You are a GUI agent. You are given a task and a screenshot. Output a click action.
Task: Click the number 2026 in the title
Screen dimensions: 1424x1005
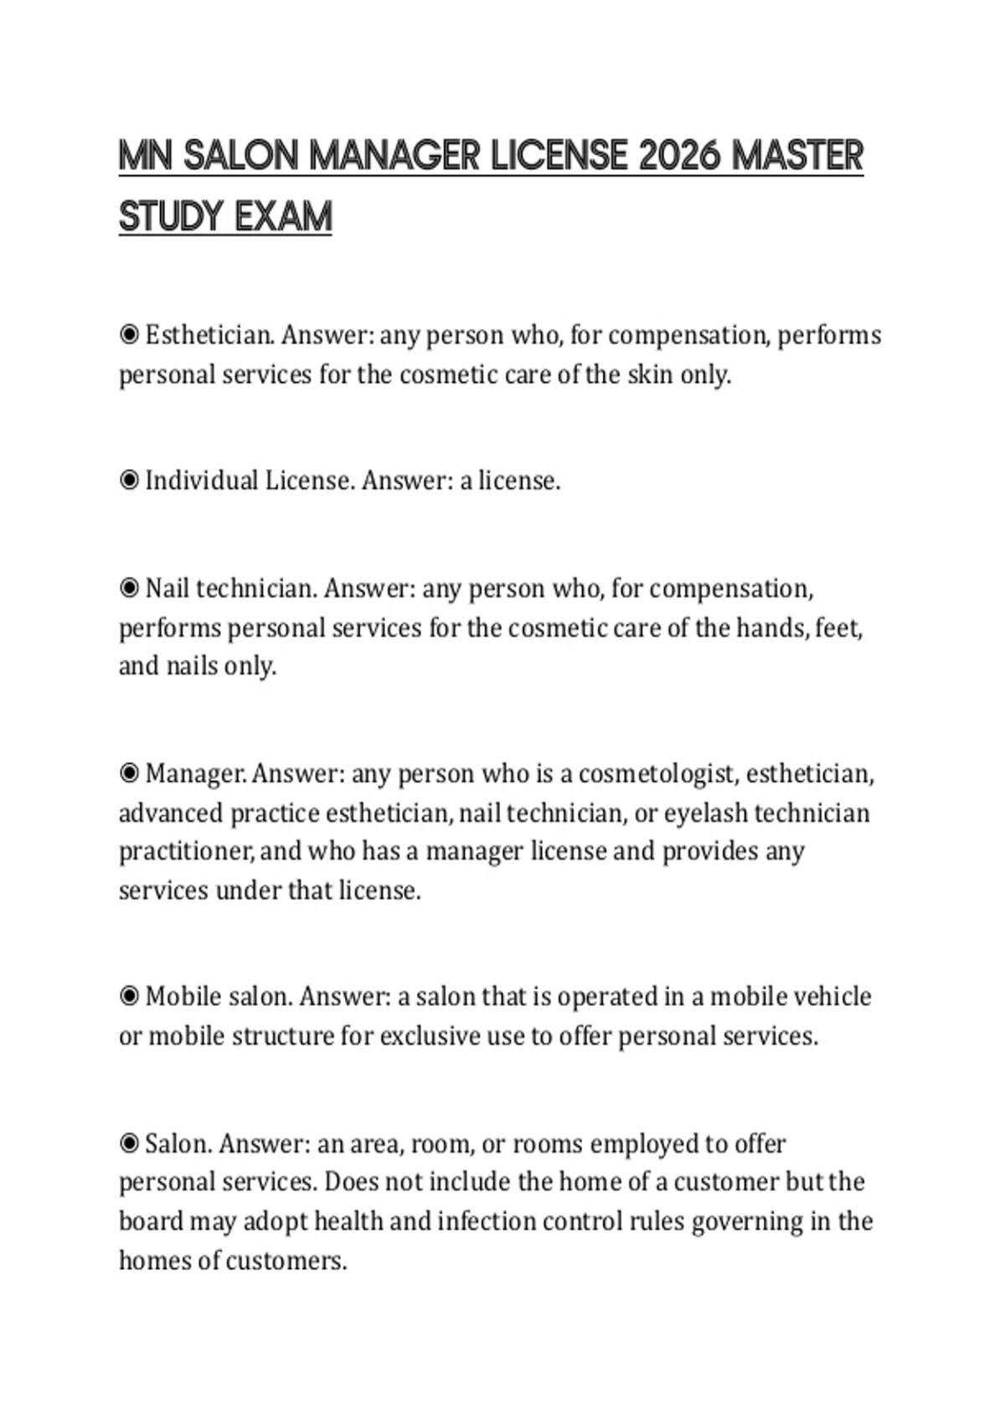679,156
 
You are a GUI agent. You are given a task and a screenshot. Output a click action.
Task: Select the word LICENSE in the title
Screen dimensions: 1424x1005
559,156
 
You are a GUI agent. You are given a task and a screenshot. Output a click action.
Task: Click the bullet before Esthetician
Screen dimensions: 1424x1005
129,335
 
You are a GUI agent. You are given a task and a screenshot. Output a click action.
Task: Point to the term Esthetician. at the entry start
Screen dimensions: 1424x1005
209,335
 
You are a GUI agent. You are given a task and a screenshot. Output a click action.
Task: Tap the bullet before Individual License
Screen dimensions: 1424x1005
129,481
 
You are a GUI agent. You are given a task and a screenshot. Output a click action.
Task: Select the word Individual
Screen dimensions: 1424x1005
201,481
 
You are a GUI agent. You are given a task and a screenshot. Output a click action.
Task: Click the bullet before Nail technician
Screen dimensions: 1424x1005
129,589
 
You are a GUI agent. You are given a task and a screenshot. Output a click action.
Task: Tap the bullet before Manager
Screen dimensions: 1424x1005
129,773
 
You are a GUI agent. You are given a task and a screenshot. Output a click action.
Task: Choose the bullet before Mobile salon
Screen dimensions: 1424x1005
129,997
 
